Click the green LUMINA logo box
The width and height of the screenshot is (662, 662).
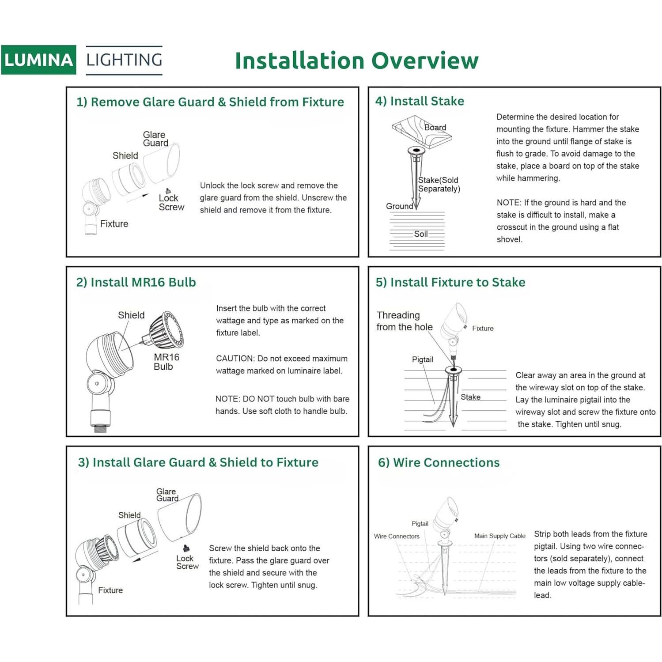coord(38,60)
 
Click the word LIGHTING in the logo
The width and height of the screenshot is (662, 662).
coord(124,60)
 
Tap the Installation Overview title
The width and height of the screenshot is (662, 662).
coord(356,61)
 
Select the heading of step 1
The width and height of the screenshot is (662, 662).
coord(210,102)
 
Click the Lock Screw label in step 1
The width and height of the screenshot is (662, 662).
coord(171,203)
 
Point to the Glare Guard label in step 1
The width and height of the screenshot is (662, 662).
coord(155,139)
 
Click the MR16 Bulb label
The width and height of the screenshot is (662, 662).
coord(166,362)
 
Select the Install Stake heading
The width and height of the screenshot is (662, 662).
coord(420,101)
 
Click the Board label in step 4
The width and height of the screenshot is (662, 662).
coord(435,128)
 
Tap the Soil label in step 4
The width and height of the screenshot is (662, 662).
coord(420,234)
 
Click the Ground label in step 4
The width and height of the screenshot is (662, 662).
coord(399,206)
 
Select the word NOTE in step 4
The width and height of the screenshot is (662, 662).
coord(508,203)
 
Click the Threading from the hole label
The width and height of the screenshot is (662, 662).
coord(404,321)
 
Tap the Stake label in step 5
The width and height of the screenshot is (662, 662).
coord(470,397)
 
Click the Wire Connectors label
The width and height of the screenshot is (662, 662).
coord(397,536)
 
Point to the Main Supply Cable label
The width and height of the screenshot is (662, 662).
coord(499,536)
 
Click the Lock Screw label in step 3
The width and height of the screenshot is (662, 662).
coord(187,562)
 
